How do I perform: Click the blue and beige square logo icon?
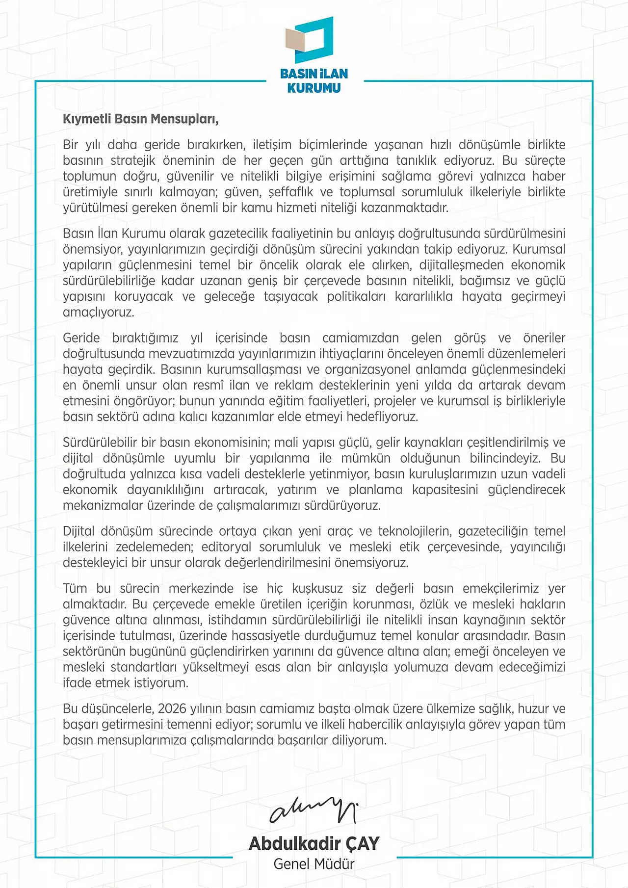tap(310, 39)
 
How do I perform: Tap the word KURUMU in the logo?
tap(314, 88)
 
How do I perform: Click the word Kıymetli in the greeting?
tap(87, 119)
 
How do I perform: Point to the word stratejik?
tap(132, 160)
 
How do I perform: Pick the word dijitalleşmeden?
tap(461, 265)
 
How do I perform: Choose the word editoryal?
tap(226, 547)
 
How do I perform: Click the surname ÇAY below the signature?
tap(362, 843)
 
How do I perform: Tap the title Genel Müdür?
tap(314, 864)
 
